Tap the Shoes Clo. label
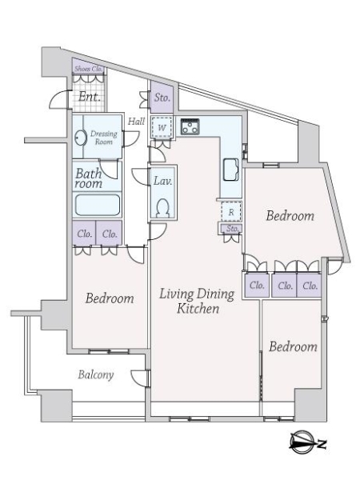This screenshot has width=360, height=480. [x=89, y=69]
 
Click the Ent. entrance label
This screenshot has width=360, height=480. [x=89, y=97]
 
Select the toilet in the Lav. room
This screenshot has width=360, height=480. [x=162, y=208]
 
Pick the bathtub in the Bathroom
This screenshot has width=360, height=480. [x=97, y=205]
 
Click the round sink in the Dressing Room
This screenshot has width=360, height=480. [x=80, y=137]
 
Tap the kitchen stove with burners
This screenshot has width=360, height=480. [x=190, y=126]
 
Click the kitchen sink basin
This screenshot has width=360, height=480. [x=231, y=170]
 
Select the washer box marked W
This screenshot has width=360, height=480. [x=162, y=127]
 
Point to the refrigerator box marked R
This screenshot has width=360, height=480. [x=231, y=211]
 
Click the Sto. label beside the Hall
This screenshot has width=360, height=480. [x=162, y=98]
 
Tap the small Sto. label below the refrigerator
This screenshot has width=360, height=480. [x=232, y=228]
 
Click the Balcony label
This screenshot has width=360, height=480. [x=96, y=374]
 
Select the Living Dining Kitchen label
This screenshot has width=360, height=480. [x=198, y=301]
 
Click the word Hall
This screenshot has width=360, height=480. [x=136, y=122]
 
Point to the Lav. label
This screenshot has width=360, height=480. [x=162, y=181]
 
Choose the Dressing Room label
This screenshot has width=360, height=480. [x=104, y=138]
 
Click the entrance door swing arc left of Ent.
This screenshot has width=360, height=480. [x=57, y=98]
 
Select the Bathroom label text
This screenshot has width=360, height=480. [x=89, y=178]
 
